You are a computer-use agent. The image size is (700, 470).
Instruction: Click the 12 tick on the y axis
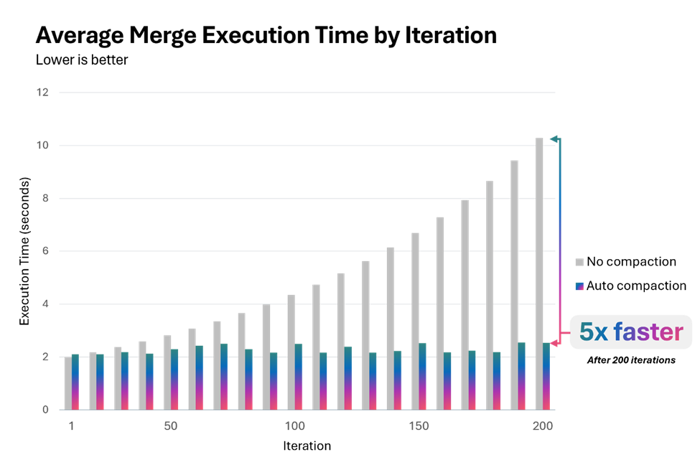(x=42, y=93)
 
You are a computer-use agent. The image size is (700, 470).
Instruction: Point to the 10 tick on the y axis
(x=42, y=146)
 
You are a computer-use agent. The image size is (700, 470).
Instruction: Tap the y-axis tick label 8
(x=45, y=199)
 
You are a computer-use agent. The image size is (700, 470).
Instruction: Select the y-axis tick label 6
(x=45, y=251)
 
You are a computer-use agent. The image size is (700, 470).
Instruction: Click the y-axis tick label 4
(x=45, y=304)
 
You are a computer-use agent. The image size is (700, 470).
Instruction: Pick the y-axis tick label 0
(x=45, y=410)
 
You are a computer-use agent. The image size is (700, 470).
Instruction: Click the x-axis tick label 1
(x=71, y=426)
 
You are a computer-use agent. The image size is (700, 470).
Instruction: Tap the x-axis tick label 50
(x=170, y=426)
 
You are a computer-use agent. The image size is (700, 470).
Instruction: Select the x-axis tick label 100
(x=294, y=426)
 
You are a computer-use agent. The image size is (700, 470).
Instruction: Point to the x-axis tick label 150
(x=419, y=426)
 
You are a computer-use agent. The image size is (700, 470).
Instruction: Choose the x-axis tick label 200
(x=543, y=426)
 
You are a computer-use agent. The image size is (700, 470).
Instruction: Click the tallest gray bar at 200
(x=539, y=273)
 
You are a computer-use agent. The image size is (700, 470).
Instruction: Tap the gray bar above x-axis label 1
(x=67, y=383)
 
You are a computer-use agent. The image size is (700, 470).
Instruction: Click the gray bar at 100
(x=291, y=352)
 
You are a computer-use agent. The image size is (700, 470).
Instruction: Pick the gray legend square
(x=579, y=263)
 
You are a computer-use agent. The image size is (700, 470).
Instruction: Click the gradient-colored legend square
(x=579, y=286)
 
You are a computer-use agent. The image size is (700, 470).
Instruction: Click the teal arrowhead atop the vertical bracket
(x=554, y=138)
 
